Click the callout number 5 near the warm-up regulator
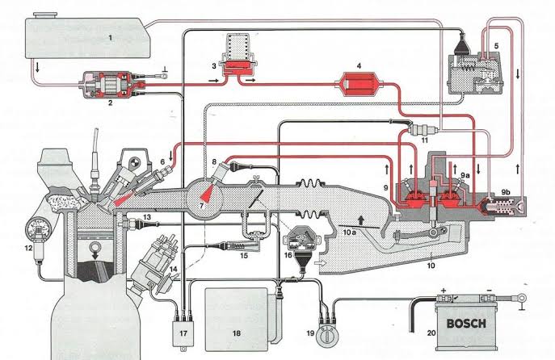[x=494, y=45]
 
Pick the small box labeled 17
[x=183, y=331]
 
